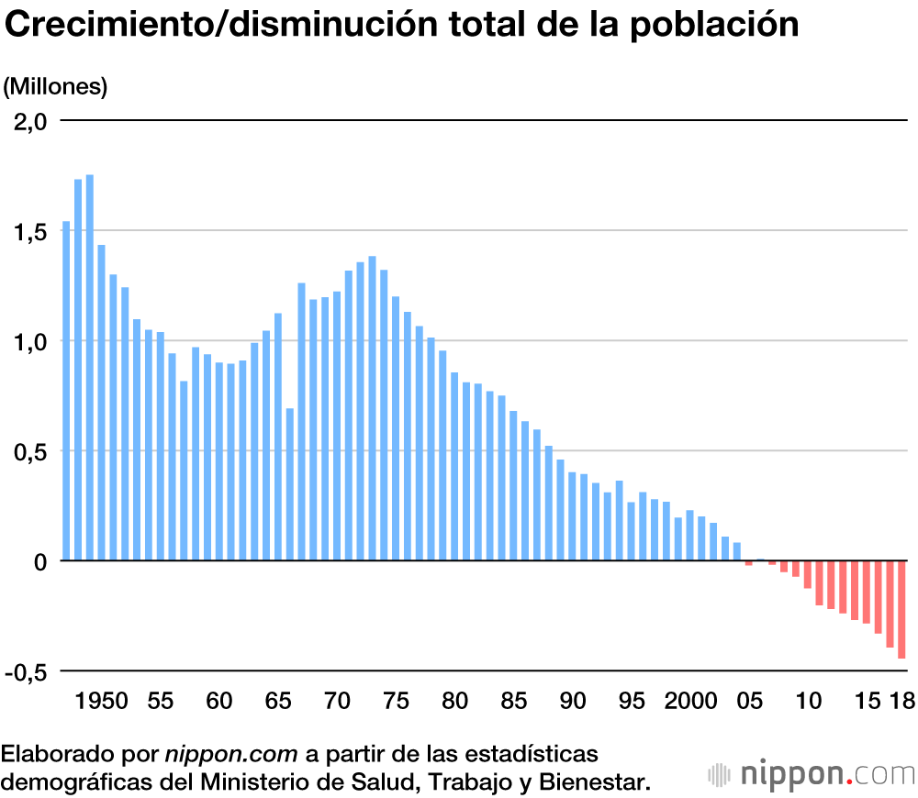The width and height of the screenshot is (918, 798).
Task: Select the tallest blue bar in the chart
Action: [x=90, y=367]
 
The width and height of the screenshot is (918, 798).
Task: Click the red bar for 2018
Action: [x=901, y=609]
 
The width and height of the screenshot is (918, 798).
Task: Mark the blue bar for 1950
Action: [x=102, y=403]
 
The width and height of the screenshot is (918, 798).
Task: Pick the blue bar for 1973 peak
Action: [x=372, y=408]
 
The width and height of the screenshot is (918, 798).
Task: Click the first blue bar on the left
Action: [x=66, y=391]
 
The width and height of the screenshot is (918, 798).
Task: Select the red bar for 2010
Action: [x=807, y=574]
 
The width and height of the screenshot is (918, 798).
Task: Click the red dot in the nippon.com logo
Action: [x=850, y=781]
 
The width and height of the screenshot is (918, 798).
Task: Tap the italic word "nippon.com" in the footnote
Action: [x=231, y=755]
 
